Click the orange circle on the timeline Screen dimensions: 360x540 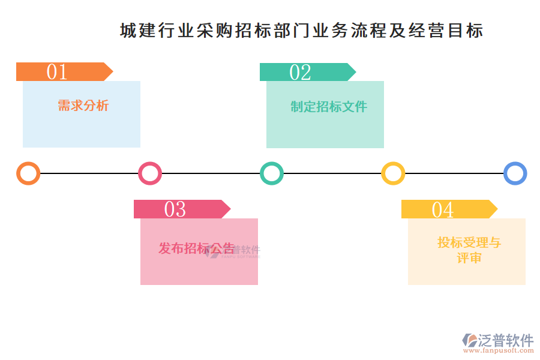pos(28,173)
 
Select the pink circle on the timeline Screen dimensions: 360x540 pos(150,173)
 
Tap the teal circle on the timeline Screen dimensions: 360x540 pos(272,173)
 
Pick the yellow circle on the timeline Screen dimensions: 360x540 pos(393,173)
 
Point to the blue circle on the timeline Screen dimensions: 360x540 pos(515,173)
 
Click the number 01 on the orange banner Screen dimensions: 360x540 pos(57,72)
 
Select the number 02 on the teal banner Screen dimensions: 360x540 pos(301,72)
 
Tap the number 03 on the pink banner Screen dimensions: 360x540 pos(175,209)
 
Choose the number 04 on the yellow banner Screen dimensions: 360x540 pos(443,209)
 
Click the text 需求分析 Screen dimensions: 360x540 pos(83,106)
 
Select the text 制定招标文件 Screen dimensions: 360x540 pos(328,107)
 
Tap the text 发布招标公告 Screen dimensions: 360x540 pos(196,248)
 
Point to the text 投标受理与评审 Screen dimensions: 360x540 pos(469,250)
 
